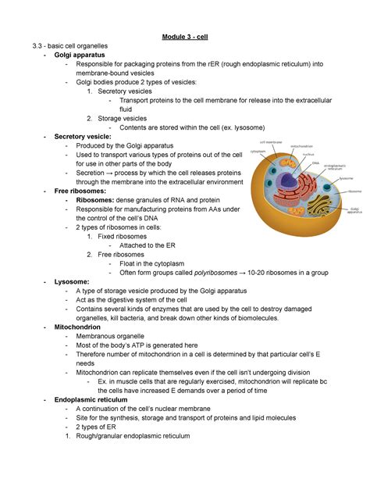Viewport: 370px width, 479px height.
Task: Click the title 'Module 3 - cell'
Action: click(x=185, y=37)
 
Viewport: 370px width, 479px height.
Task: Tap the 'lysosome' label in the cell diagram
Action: click(x=348, y=177)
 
